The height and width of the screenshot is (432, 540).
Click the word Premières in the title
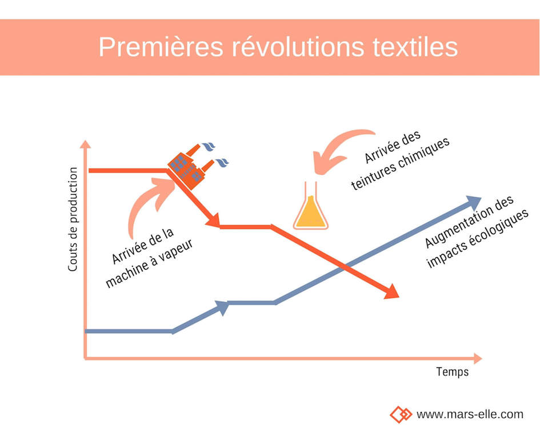point(161,47)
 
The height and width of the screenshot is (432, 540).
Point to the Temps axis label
point(452,372)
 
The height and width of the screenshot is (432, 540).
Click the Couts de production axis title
point(73,219)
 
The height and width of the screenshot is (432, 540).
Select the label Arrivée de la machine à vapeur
point(149,258)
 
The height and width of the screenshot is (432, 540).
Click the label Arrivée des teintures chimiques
point(400,161)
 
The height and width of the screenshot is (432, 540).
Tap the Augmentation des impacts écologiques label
point(477,232)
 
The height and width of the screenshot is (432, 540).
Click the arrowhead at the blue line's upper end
point(474,202)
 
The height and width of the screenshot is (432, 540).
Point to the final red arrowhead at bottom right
point(391,292)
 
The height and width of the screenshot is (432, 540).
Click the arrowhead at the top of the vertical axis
point(85,145)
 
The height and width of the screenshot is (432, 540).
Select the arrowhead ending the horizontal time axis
point(478,359)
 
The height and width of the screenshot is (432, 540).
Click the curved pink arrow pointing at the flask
point(334,148)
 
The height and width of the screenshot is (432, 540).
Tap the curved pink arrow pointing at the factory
point(146,203)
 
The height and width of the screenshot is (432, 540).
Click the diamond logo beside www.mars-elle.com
point(401,414)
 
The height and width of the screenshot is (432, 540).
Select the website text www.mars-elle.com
point(470,414)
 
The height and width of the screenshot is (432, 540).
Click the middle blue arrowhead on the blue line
point(222,307)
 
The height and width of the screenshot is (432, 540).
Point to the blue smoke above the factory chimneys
point(215,154)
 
